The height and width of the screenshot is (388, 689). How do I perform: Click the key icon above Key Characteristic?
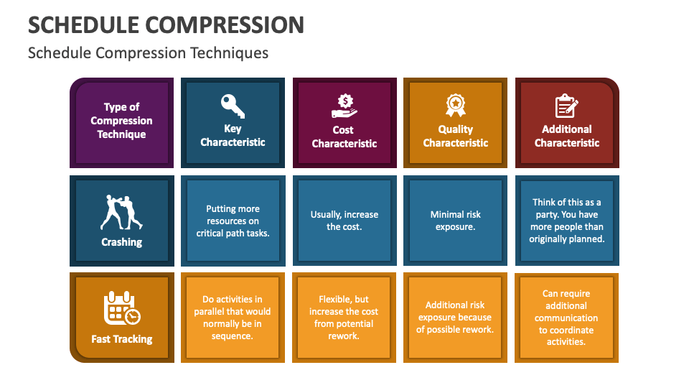[x=233, y=105]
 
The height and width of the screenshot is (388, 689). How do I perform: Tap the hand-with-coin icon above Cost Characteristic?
[x=344, y=106]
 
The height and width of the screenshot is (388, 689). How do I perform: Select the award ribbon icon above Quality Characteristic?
[x=456, y=105]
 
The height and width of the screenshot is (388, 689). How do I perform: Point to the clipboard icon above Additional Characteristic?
[x=566, y=106]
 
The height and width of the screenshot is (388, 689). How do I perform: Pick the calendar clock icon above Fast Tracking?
[x=121, y=308]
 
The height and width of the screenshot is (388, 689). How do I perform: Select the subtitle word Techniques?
[x=230, y=52]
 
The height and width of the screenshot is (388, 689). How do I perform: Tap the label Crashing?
[x=121, y=242]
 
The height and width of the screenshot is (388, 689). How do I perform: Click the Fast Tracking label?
[x=121, y=339]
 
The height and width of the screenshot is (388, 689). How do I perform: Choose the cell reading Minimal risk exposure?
[x=456, y=221]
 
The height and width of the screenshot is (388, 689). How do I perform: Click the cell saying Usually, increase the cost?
[x=344, y=221]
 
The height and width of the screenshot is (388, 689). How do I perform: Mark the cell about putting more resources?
[x=233, y=221]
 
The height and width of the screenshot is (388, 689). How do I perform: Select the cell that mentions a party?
[x=566, y=221]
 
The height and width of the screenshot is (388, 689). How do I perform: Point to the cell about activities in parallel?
[x=233, y=318]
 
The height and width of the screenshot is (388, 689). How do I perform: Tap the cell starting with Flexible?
[x=344, y=318]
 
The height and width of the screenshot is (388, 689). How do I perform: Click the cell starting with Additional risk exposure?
[x=456, y=318]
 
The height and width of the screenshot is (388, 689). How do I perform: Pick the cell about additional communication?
[x=566, y=318]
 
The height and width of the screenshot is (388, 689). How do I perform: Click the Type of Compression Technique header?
[x=121, y=121]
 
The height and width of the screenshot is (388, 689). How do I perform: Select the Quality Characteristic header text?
[x=456, y=136]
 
